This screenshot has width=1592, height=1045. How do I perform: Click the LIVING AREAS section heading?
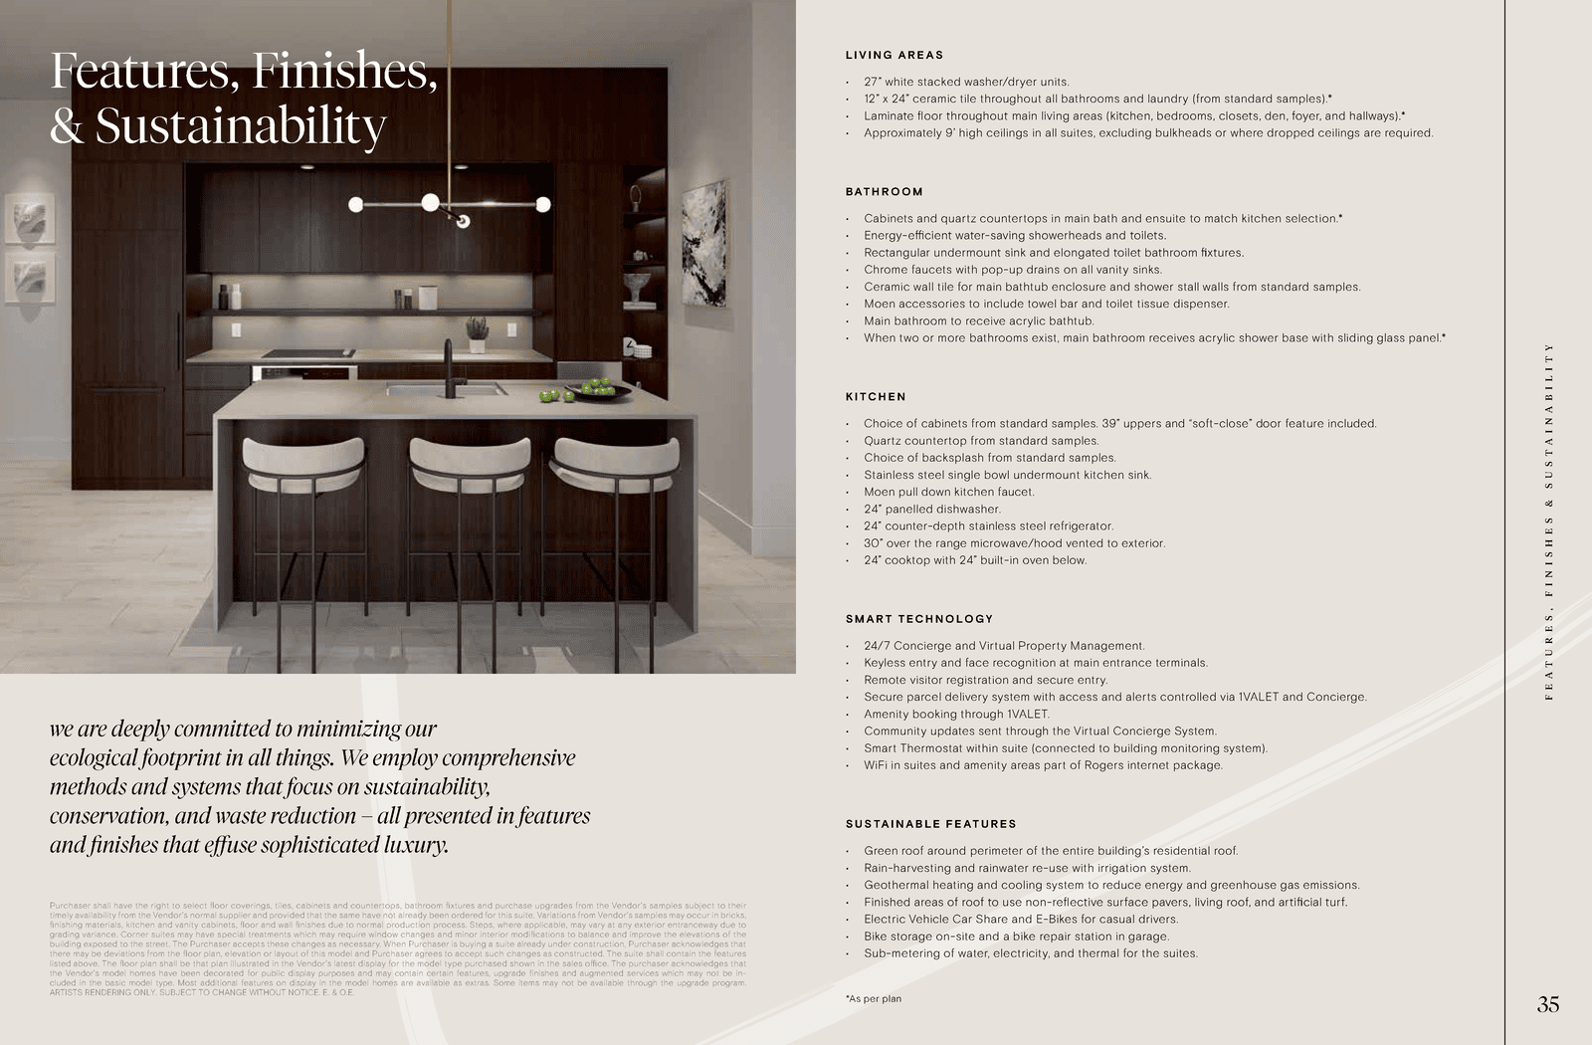[894, 56]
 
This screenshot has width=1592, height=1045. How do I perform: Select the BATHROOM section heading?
[884, 192]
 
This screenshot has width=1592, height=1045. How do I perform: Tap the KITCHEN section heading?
[876, 397]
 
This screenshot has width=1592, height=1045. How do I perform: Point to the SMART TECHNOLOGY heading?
[918, 619]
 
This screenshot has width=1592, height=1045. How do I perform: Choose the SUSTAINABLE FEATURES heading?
[930, 824]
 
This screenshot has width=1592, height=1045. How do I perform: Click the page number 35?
[1547, 1005]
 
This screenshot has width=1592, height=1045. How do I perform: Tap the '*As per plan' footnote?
[874, 998]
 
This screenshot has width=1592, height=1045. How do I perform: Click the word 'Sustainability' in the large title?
[241, 127]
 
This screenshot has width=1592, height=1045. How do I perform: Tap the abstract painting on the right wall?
[704, 244]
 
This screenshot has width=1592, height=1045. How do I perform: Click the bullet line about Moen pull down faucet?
[948, 492]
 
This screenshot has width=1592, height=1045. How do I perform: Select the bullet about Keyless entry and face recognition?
[1035, 663]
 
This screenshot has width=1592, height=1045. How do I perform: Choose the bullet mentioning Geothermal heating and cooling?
[1110, 885]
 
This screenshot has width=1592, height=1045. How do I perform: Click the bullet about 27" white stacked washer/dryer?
[965, 82]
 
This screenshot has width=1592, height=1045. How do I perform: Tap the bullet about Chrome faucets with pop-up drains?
[1012, 270]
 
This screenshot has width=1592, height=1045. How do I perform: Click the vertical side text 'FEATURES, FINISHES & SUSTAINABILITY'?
[1548, 522]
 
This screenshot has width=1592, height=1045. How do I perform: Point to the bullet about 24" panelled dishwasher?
[931, 509]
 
